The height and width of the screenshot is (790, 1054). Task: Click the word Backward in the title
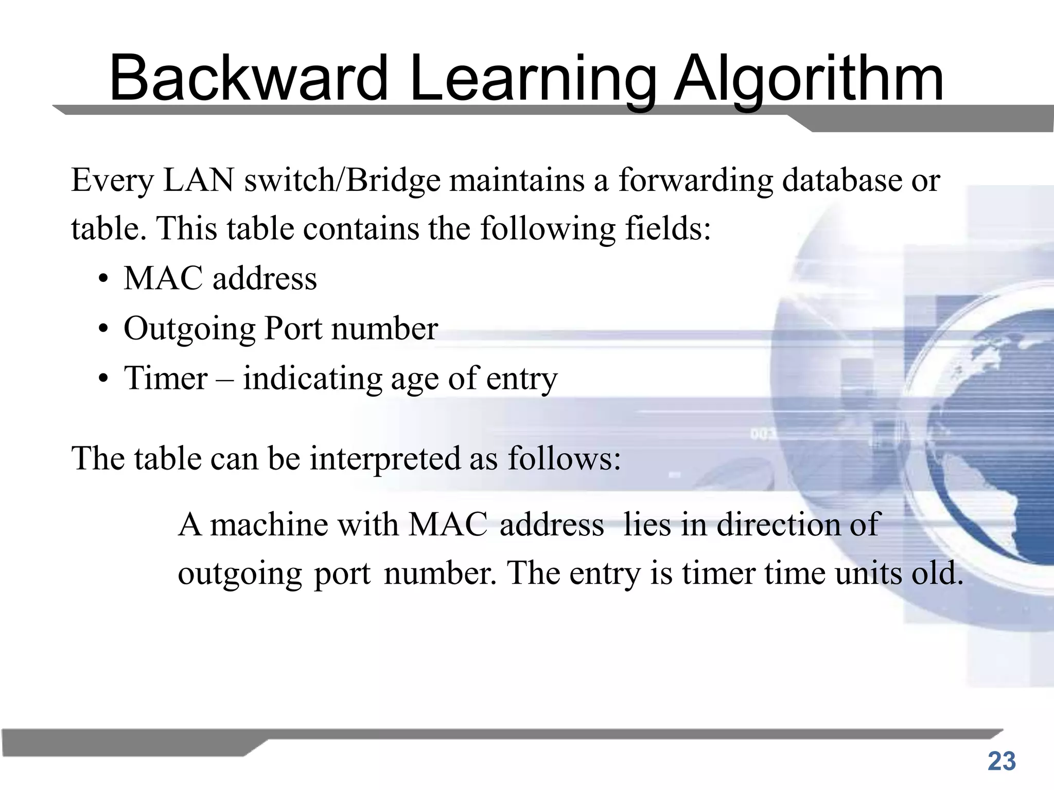click(x=249, y=78)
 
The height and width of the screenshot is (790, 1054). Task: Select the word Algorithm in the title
click(x=809, y=80)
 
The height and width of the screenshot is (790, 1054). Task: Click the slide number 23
click(x=1002, y=762)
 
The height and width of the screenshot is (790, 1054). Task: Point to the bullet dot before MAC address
click(x=104, y=281)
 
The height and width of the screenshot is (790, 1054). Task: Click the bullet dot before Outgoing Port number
click(x=104, y=330)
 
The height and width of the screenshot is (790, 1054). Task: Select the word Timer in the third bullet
click(x=166, y=378)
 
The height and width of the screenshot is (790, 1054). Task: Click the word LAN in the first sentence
click(x=199, y=181)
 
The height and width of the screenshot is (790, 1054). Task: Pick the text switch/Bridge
click(x=342, y=182)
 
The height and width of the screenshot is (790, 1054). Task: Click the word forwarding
click(x=695, y=182)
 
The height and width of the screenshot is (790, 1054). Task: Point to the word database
click(x=842, y=181)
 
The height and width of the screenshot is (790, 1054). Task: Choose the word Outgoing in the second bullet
click(x=189, y=330)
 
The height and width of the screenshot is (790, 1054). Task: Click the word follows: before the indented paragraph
click(x=565, y=458)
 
